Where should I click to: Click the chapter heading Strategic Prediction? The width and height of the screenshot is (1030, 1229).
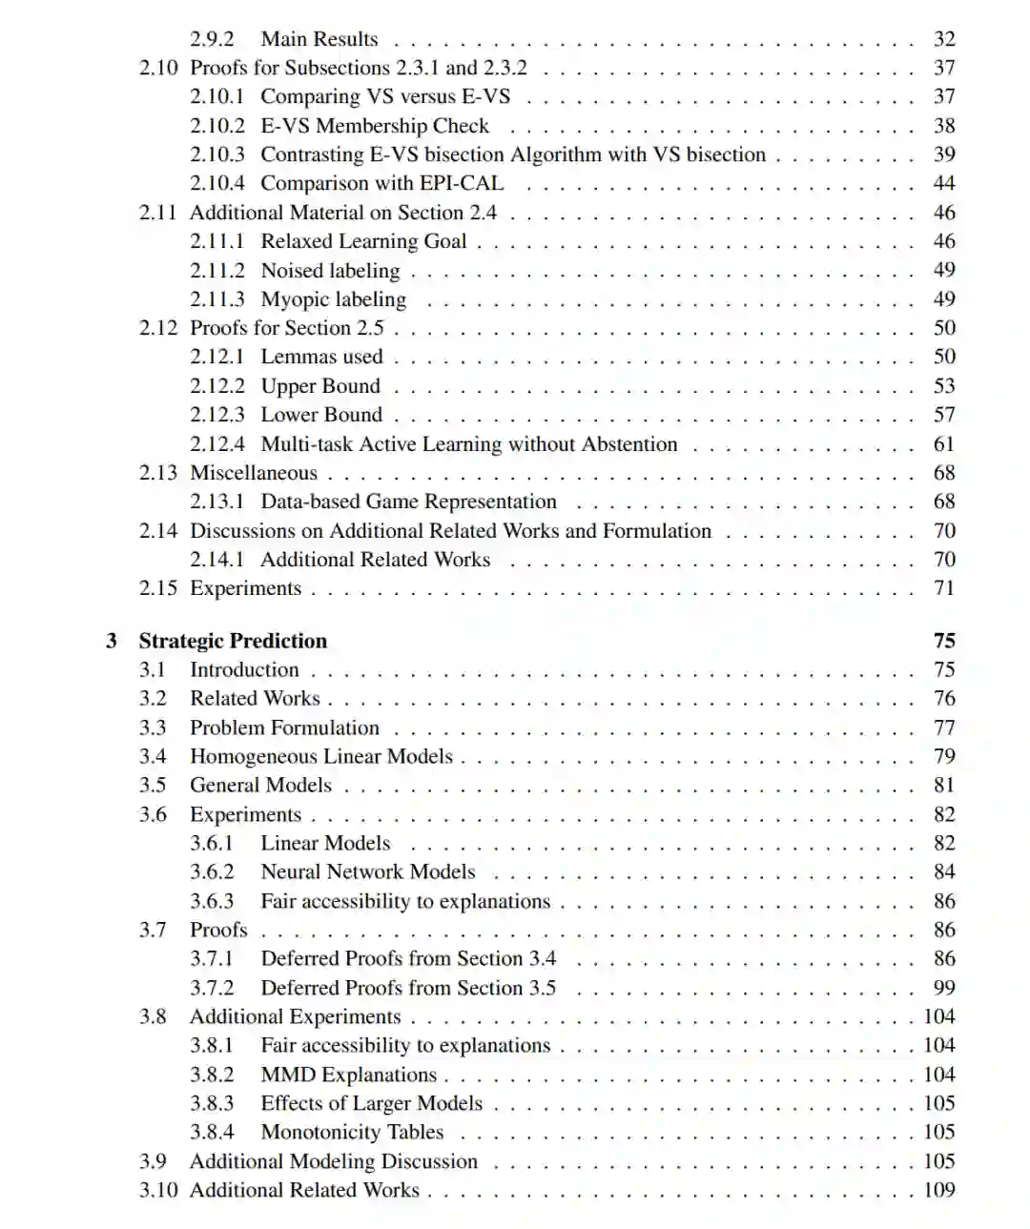pyautogui.click(x=233, y=641)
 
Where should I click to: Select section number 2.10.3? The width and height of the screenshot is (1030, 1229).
pyautogui.click(x=216, y=154)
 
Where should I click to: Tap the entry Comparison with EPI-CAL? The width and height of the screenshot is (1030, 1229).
pyautogui.click(x=381, y=183)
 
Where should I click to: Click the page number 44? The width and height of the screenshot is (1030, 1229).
pyautogui.click(x=943, y=183)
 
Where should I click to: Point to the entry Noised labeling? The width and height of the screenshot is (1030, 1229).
pyautogui.click(x=330, y=271)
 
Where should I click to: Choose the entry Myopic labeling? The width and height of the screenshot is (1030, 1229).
pyautogui.click(x=333, y=299)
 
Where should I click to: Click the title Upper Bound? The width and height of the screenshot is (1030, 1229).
pyautogui.click(x=320, y=386)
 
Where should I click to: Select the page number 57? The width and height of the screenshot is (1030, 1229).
pyautogui.click(x=943, y=415)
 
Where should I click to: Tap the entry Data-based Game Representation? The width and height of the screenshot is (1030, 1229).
pyautogui.click(x=408, y=502)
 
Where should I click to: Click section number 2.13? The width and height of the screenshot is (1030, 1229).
pyautogui.click(x=158, y=473)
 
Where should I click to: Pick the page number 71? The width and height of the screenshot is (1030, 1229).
pyautogui.click(x=943, y=588)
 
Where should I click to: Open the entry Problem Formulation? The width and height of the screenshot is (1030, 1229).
pyautogui.click(x=284, y=727)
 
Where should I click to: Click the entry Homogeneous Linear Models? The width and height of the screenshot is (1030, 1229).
pyautogui.click(x=321, y=756)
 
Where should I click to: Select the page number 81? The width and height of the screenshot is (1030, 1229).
pyautogui.click(x=943, y=785)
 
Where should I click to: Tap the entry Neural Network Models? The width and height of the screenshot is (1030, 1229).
pyautogui.click(x=367, y=871)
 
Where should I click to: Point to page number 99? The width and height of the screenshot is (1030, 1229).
pyautogui.click(x=943, y=988)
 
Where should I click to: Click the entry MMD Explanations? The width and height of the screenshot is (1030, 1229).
pyautogui.click(x=348, y=1075)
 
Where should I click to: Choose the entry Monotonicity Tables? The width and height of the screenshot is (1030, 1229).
pyautogui.click(x=352, y=1132)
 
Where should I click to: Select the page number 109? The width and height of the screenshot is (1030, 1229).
pyautogui.click(x=938, y=1190)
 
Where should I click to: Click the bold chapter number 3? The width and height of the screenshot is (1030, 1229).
pyautogui.click(x=112, y=641)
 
